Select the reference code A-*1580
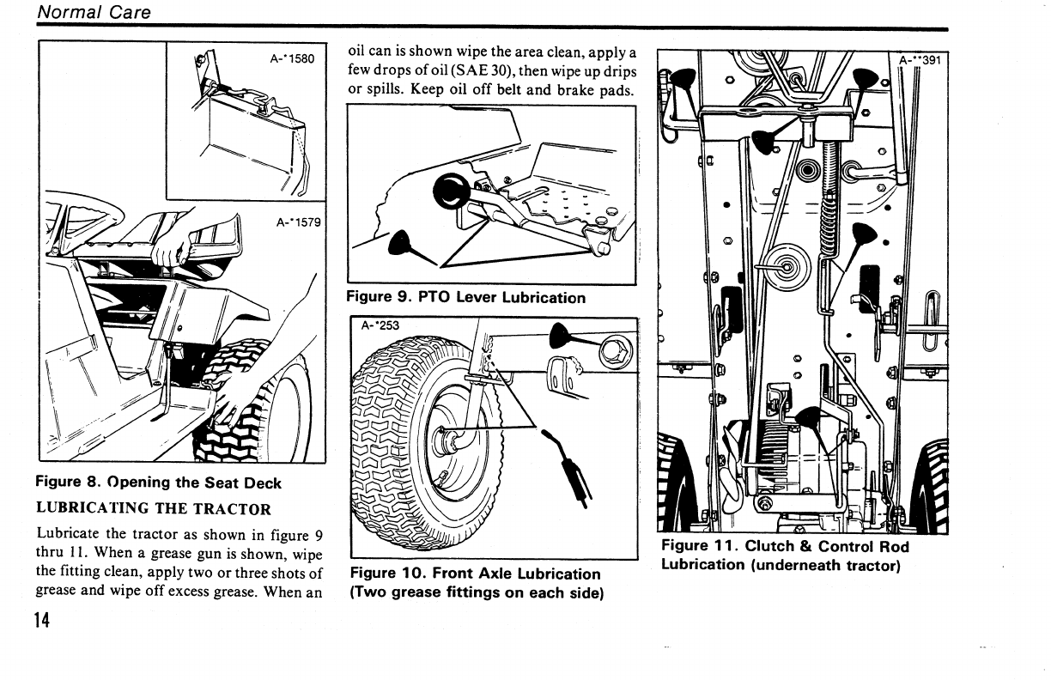[292, 59]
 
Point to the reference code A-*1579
[298, 222]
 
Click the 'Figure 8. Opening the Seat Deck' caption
[158, 483]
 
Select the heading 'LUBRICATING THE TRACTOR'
[153, 508]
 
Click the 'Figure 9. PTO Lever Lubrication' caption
[465, 298]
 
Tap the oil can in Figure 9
[400, 245]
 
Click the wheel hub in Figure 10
[448, 443]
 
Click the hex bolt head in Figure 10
[612, 352]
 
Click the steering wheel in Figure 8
[82, 210]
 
